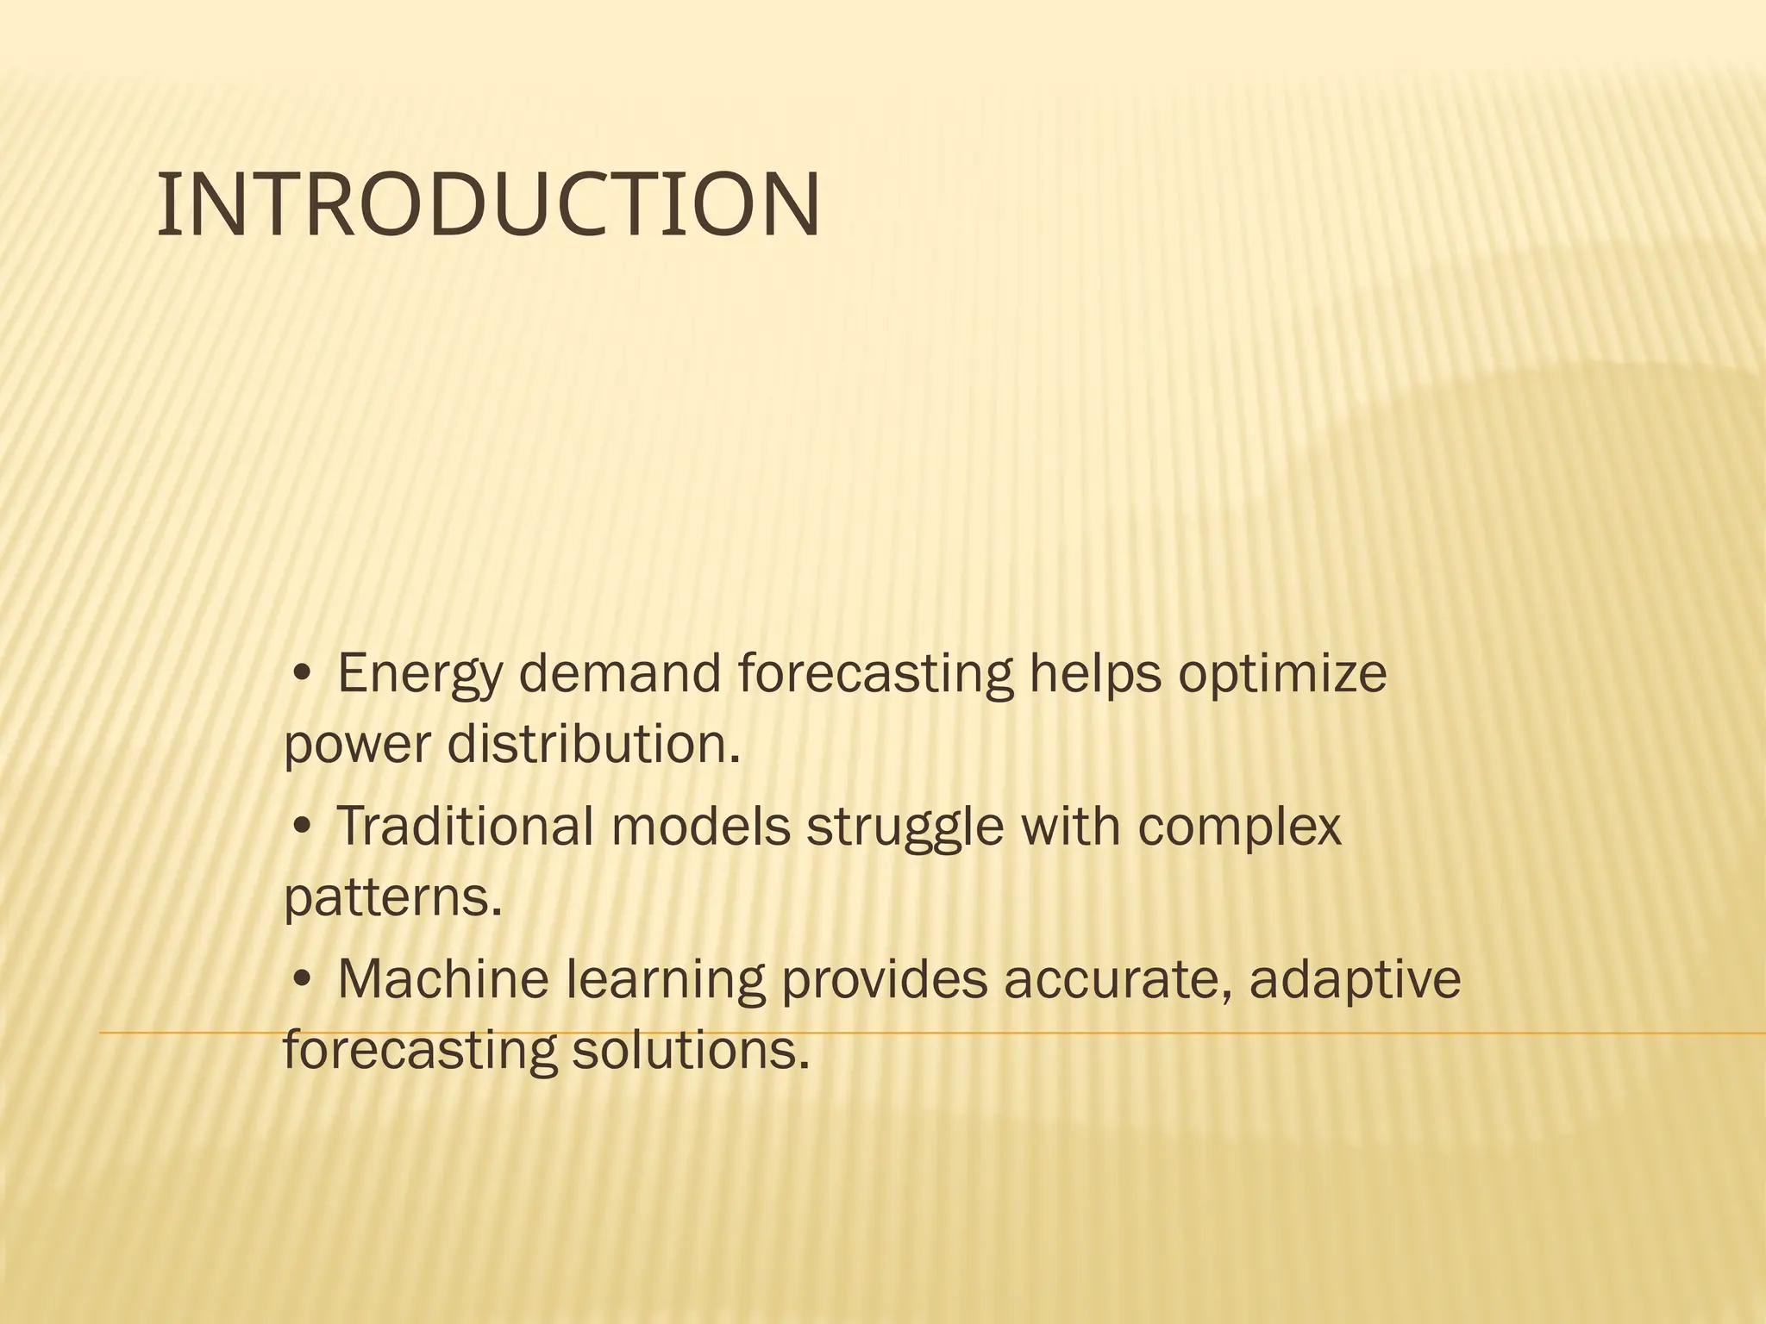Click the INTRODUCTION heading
point(488,206)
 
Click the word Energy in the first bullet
point(418,675)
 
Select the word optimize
point(1282,675)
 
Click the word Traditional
point(464,826)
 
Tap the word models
point(700,826)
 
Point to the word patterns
point(392,898)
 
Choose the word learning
point(665,981)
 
